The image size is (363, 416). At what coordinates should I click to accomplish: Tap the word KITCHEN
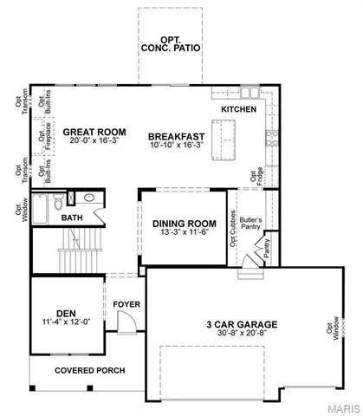pos(239,110)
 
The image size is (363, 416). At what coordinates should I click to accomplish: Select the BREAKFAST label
pos(175,136)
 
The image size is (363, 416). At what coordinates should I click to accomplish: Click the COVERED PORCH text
pos(89,370)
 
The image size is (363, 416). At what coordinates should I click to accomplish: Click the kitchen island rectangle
pos(228,133)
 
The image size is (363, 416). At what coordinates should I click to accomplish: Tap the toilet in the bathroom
pos(56,203)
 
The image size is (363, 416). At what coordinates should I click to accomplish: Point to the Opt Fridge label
pos(255,180)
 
